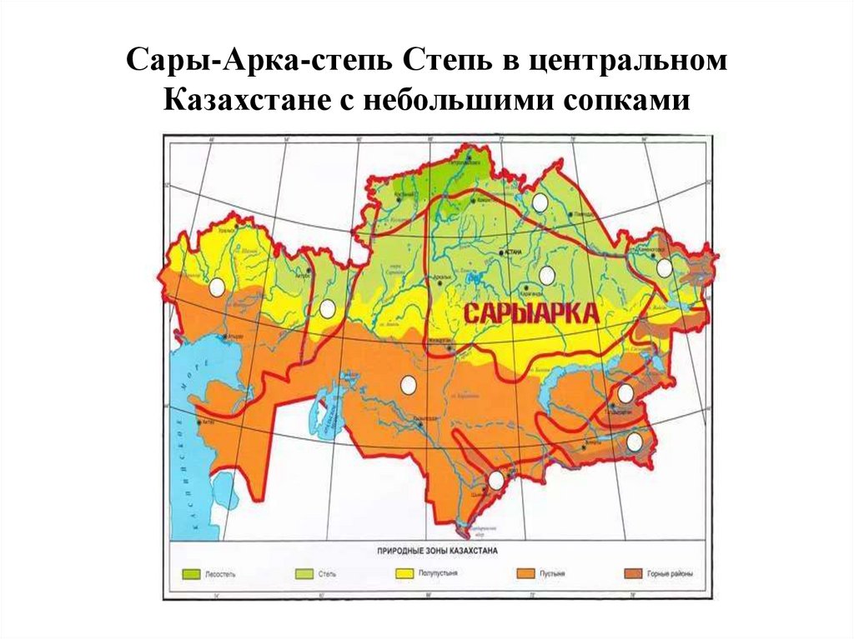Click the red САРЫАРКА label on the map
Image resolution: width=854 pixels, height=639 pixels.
pos(531,313)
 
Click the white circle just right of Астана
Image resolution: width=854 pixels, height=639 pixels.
pos(547,275)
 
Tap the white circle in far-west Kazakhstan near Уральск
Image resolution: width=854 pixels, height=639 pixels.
pos(217,287)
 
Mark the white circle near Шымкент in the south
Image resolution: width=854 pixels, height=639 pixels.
pos(496,480)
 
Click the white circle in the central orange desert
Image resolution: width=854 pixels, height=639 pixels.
pos(408,385)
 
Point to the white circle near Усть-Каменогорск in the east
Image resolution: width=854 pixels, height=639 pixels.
pos(664,267)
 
